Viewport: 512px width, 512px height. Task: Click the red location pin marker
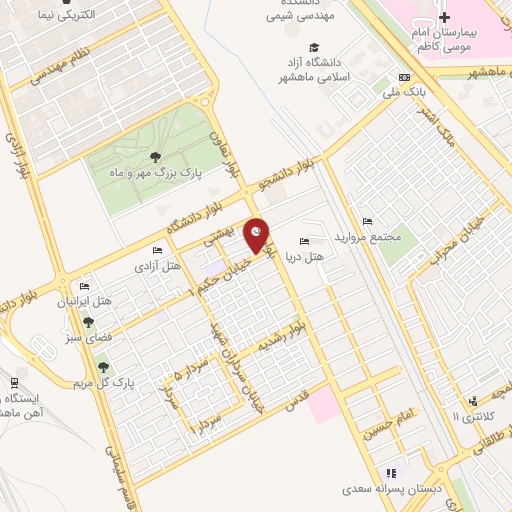[258, 235]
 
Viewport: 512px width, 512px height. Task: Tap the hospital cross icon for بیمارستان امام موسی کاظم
[445, 18]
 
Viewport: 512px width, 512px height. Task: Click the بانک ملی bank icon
[404, 77]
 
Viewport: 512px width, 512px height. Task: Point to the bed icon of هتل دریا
[305, 241]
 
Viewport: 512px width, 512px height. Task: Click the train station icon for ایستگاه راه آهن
[14, 381]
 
